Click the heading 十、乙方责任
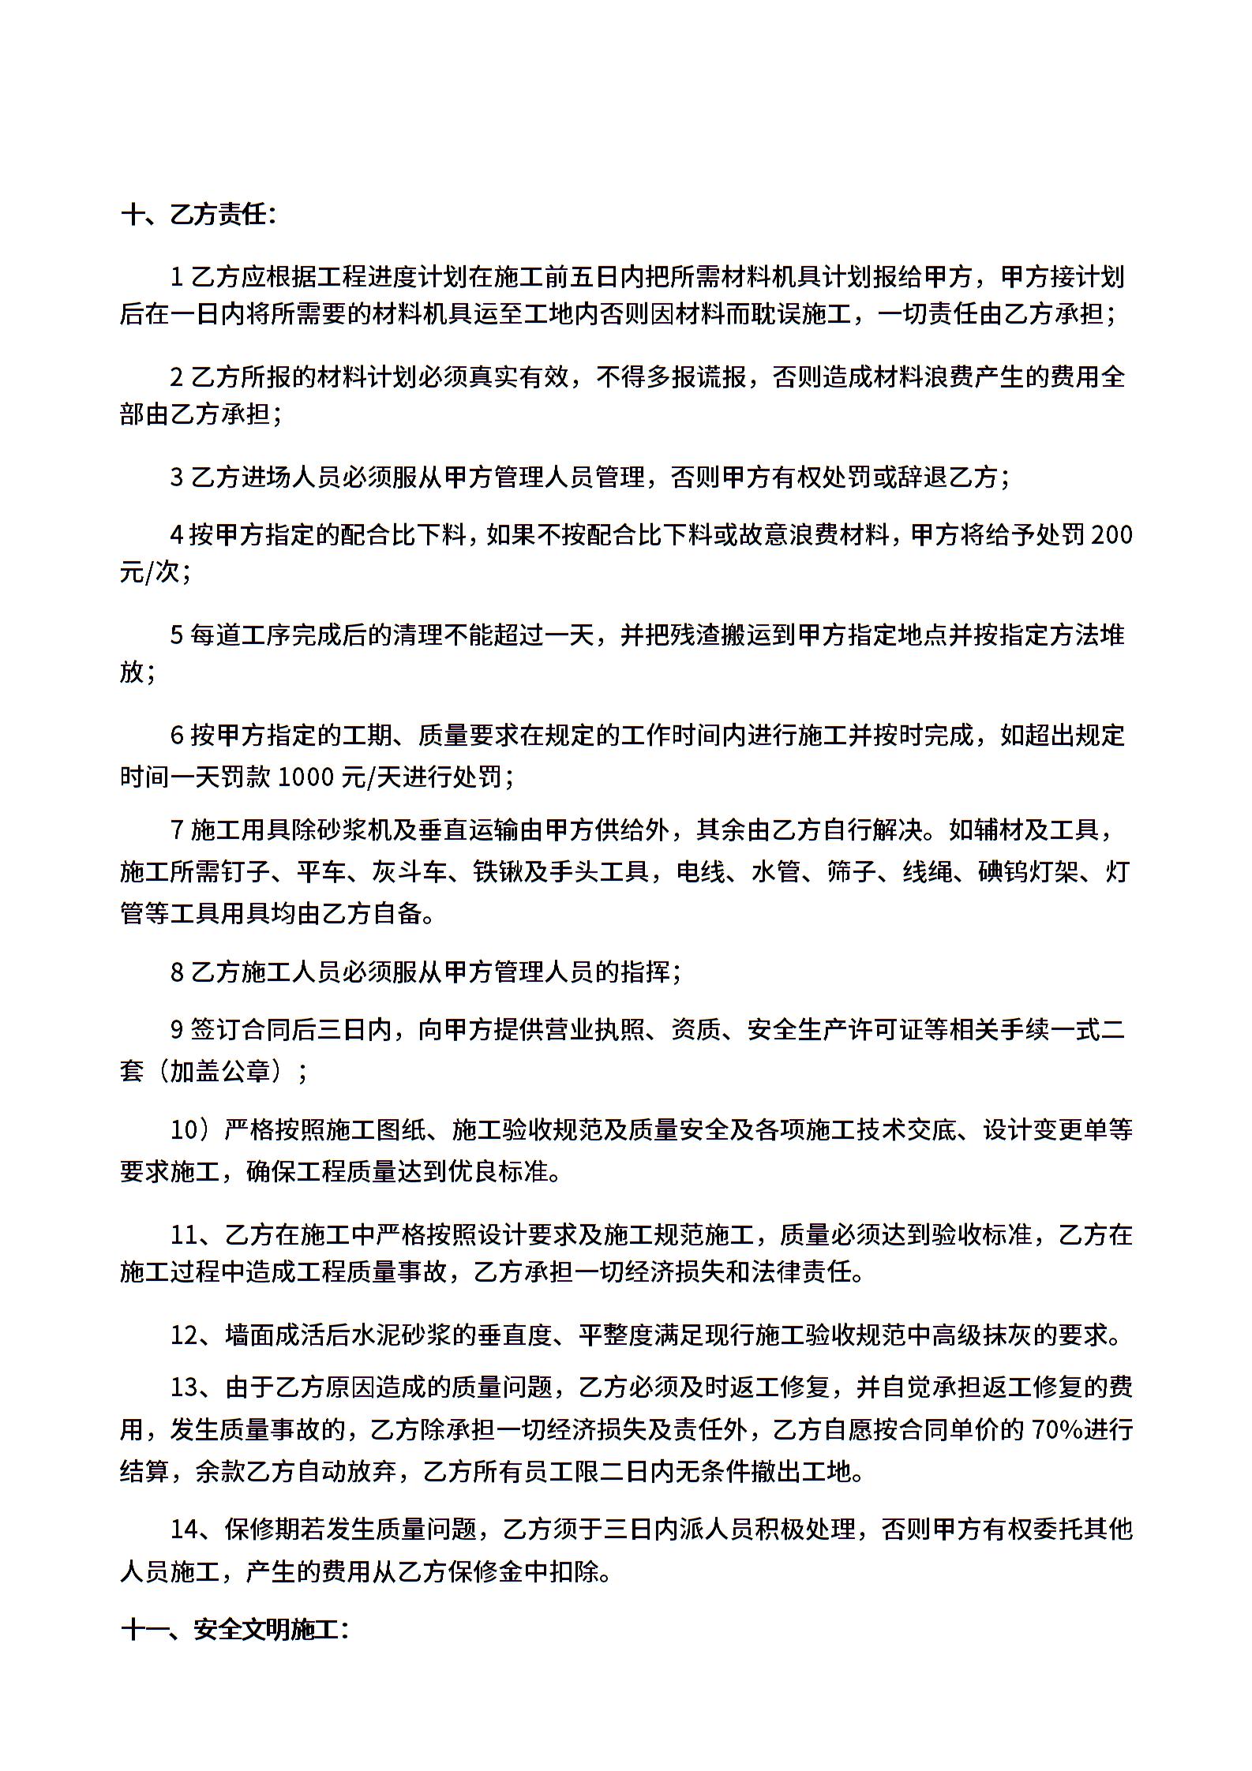198,215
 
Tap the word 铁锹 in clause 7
498,872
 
